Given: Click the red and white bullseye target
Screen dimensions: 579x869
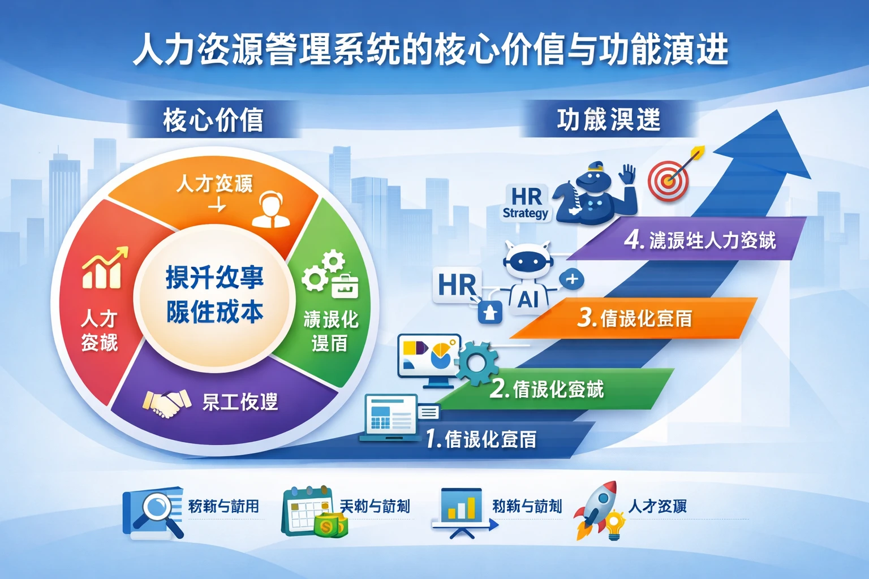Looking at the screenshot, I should [668, 181].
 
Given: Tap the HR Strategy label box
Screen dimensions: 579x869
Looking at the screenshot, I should [526, 203].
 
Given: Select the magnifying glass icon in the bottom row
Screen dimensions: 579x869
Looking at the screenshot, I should [154, 512].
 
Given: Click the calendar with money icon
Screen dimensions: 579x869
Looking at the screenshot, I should [313, 511].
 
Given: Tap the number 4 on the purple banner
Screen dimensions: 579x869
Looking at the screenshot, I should [634, 240].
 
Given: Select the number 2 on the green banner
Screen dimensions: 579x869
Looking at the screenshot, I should [499, 389].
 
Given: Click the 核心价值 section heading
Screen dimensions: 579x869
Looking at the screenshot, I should [213, 120].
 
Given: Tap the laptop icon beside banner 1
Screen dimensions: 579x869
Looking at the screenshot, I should [392, 417].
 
